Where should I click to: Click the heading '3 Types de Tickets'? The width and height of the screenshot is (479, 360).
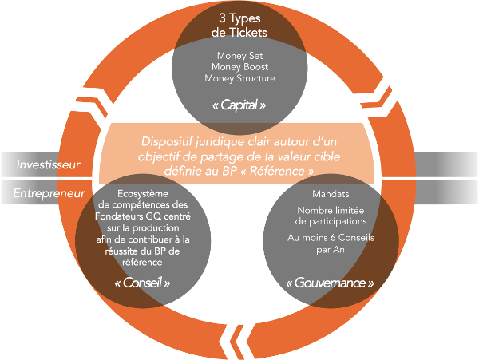(x=239, y=25)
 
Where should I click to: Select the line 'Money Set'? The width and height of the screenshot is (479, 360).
(x=239, y=55)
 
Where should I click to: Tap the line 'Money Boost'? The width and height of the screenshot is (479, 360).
(x=239, y=67)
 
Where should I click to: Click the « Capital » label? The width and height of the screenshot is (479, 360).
(x=239, y=105)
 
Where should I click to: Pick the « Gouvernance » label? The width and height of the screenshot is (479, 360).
(x=329, y=283)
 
